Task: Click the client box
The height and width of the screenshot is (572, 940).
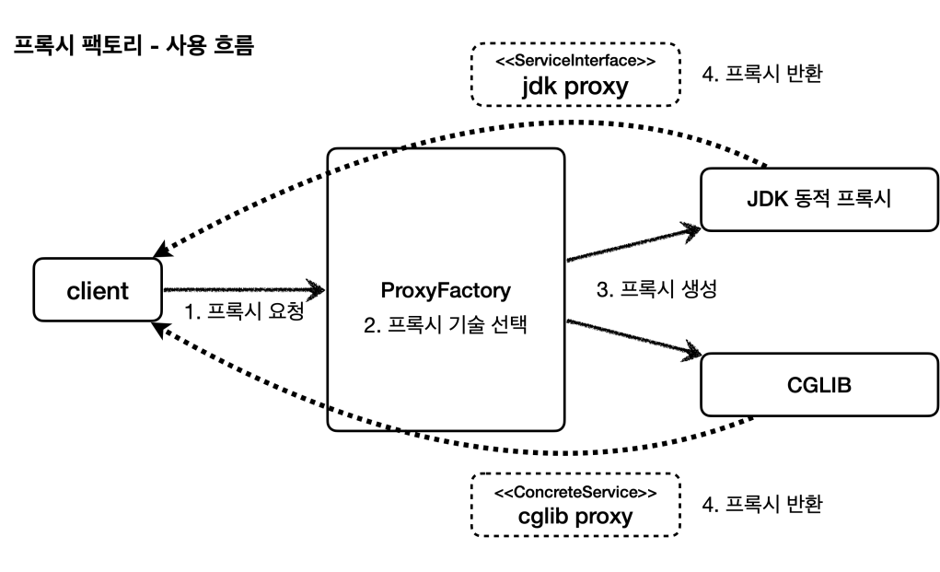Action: point(97,291)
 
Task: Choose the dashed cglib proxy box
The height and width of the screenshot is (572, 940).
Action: point(575,505)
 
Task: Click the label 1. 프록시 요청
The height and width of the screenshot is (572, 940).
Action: point(245,312)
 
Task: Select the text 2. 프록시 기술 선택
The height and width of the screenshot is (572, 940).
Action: point(446,324)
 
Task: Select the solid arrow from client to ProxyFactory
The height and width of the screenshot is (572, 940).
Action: point(244,290)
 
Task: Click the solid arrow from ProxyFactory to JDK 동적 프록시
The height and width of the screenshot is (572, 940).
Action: point(632,242)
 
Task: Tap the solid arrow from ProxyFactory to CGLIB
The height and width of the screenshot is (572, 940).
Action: point(632,337)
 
